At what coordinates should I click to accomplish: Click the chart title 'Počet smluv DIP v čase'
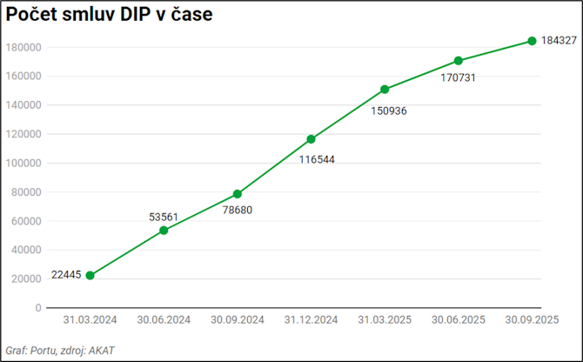(x=109, y=16)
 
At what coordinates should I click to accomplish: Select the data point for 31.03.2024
(x=90, y=275)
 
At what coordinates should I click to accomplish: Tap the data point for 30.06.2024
(x=164, y=230)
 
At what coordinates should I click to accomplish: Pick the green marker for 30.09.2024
(x=238, y=194)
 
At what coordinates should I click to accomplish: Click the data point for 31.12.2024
(x=312, y=139)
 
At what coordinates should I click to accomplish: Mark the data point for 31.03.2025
(x=385, y=89)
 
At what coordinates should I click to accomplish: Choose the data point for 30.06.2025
(x=459, y=61)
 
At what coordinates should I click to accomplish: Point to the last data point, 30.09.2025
(x=532, y=41)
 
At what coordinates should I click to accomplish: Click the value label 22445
(x=66, y=275)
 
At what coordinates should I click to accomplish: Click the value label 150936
(x=389, y=111)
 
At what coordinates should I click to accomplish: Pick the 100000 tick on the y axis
(x=25, y=163)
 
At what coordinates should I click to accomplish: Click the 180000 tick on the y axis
(x=25, y=47)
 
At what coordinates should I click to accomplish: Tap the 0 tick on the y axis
(x=38, y=308)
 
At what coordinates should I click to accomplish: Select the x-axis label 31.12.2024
(x=312, y=320)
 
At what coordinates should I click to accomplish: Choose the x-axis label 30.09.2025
(x=532, y=320)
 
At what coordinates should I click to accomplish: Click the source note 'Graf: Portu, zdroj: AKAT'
(x=60, y=351)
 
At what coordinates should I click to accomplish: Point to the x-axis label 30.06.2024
(x=164, y=320)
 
